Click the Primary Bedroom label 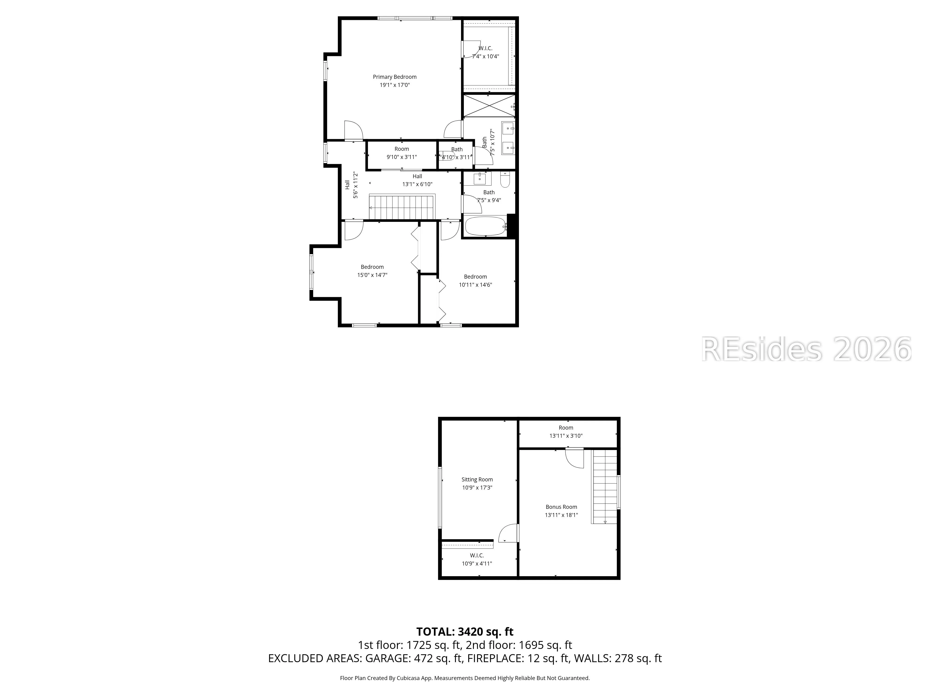pyautogui.click(x=394, y=77)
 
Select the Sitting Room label pyautogui.click(x=477, y=479)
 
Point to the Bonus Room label pyautogui.click(x=561, y=507)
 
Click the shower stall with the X pyautogui.click(x=488, y=106)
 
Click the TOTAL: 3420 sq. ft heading pyautogui.click(x=465, y=631)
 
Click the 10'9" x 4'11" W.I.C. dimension pyautogui.click(x=477, y=563)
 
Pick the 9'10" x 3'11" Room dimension pyautogui.click(x=402, y=157)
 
